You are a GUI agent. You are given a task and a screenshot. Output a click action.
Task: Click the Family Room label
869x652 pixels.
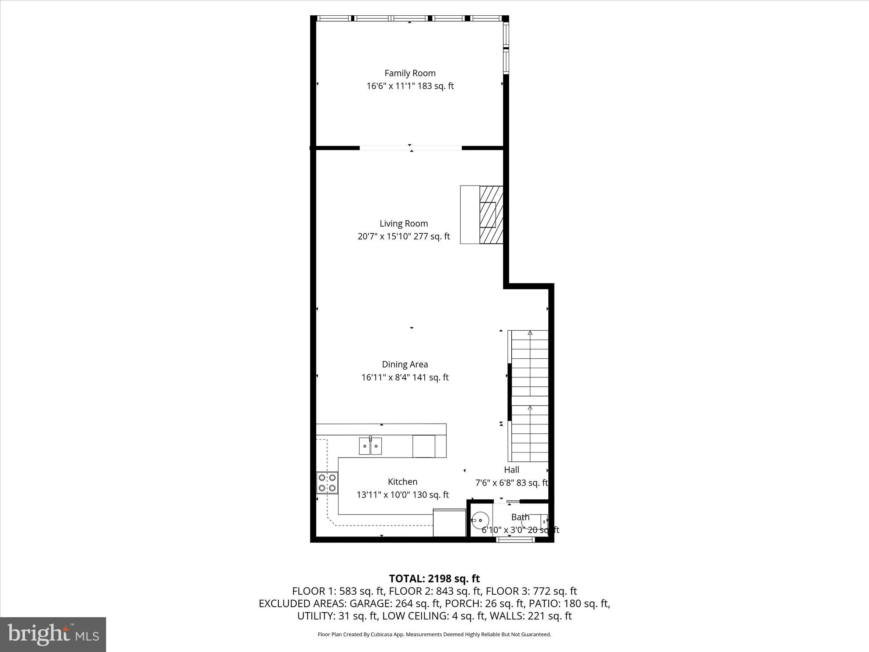pos(410,73)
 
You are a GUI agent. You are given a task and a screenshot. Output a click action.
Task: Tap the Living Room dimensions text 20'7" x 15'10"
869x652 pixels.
pos(384,236)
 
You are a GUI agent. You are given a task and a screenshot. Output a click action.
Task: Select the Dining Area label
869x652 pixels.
pos(405,364)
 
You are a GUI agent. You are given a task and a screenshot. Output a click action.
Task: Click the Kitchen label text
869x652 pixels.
pos(402,482)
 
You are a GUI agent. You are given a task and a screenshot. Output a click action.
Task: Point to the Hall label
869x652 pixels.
pos(511,470)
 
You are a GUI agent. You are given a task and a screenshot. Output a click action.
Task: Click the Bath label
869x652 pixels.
pos(520,517)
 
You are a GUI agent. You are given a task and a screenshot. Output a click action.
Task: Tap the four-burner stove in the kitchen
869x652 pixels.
pos(327,483)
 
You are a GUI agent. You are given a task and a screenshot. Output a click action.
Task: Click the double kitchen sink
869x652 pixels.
pos(370,446)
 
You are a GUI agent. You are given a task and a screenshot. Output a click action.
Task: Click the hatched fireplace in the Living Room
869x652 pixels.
pos(491,215)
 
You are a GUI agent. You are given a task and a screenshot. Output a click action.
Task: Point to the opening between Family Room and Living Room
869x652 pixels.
pos(410,148)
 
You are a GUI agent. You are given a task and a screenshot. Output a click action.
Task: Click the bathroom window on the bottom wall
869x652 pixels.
pos(515,540)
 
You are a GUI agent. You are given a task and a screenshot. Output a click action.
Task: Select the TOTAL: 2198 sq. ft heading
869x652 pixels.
pos(434,579)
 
